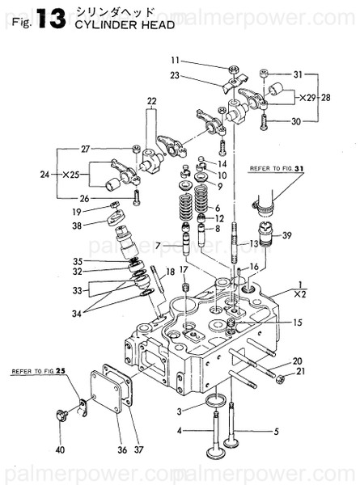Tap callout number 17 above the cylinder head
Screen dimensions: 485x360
tap(184, 269)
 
